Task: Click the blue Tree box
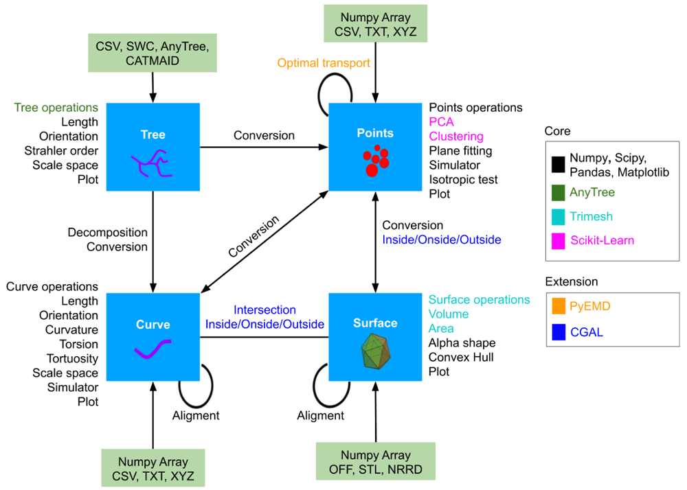pos(153,147)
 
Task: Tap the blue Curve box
pos(153,336)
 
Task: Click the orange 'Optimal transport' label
pos(324,63)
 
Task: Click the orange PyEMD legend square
pos(558,306)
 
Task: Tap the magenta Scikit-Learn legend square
pos(558,241)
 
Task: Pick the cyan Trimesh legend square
pos(558,217)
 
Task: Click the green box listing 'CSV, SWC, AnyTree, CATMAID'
pos(153,52)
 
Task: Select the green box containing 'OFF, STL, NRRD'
pos(376,462)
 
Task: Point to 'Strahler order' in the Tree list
pos(64,151)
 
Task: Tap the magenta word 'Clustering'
pos(456,137)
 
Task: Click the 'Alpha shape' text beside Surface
pos(462,342)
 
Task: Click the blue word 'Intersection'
pos(264,310)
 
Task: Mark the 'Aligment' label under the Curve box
pos(196,415)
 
